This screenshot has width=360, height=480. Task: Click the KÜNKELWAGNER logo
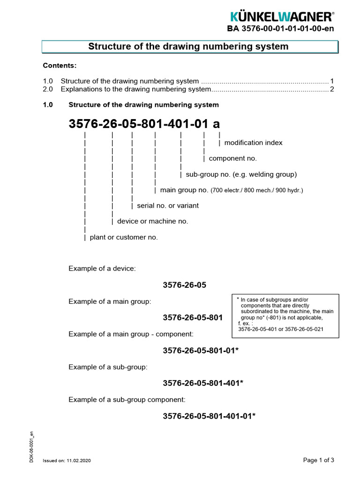click(282, 17)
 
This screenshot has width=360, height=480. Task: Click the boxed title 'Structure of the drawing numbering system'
click(188, 47)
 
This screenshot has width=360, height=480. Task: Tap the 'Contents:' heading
click(60, 65)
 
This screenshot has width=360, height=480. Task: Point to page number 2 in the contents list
click(332, 89)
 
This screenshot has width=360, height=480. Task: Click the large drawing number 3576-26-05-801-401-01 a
click(144, 124)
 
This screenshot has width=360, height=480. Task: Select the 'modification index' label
click(253, 142)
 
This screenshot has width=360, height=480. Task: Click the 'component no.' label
click(232, 158)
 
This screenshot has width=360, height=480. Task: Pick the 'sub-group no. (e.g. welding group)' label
click(241, 174)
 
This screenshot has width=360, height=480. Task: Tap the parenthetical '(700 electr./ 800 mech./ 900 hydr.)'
click(256, 190)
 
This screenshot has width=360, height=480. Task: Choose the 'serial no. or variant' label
click(167, 205)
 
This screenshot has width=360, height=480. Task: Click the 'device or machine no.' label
click(152, 221)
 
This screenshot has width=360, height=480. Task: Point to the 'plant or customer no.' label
click(124, 237)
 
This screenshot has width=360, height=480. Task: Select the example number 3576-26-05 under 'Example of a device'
click(184, 285)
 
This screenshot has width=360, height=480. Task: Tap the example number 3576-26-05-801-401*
click(202, 383)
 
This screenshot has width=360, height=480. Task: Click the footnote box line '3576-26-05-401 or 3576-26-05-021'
click(281, 329)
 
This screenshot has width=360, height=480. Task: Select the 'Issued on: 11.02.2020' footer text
click(67, 461)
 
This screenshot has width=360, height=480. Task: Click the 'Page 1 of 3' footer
click(318, 460)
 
